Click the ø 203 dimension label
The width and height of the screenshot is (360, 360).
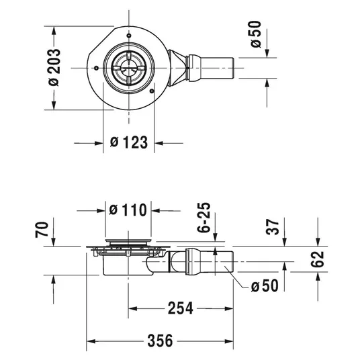(54, 68)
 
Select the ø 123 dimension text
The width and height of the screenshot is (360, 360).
(129, 142)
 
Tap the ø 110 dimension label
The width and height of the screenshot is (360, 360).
(128, 210)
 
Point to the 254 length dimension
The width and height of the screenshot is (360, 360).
(180, 308)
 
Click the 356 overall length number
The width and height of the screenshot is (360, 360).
(160, 341)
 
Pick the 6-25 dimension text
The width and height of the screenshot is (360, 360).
(204, 218)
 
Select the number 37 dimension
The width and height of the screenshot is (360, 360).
(273, 227)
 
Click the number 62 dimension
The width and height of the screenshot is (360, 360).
(318, 259)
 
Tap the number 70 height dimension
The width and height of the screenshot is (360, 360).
(42, 230)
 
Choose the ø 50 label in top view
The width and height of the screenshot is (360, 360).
(256, 34)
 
